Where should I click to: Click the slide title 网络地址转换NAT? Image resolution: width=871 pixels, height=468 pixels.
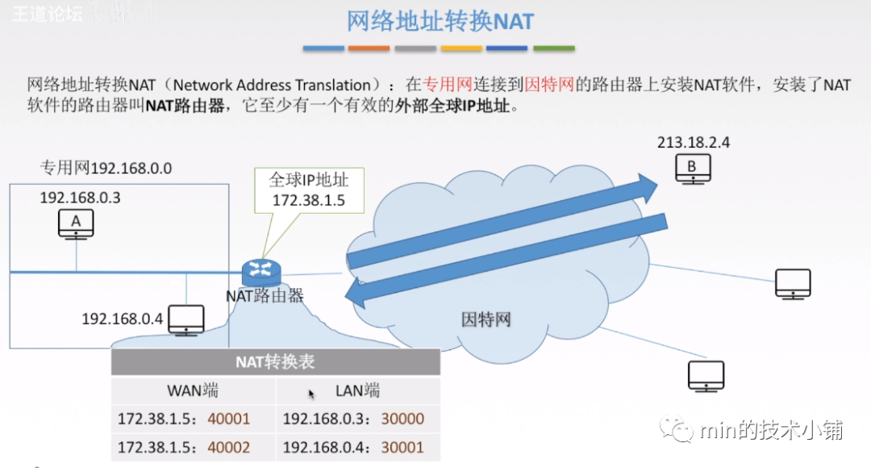(x=440, y=21)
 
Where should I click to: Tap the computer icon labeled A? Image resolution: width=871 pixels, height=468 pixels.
(x=76, y=224)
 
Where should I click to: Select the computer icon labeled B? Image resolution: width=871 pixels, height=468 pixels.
(x=693, y=169)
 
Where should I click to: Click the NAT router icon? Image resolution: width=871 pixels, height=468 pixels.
(x=261, y=273)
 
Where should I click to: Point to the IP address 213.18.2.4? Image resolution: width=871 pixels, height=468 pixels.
(x=694, y=142)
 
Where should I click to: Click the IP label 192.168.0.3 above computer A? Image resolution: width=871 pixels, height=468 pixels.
(x=80, y=198)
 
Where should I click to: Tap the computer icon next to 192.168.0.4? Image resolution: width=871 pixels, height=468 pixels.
(x=186, y=320)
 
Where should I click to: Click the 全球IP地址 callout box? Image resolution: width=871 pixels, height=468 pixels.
(x=309, y=190)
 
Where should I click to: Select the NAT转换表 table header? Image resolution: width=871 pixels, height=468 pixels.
(x=276, y=361)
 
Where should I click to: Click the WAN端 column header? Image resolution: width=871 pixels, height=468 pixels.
(x=193, y=391)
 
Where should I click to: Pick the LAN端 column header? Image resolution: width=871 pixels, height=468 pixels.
(x=358, y=391)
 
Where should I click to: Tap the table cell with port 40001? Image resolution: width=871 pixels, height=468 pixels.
(x=193, y=419)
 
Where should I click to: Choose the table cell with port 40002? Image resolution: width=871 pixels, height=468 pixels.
(x=193, y=447)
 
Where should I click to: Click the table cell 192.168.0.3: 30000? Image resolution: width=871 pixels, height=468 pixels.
(x=358, y=419)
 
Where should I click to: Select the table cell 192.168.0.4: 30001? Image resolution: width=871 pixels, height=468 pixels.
(x=358, y=447)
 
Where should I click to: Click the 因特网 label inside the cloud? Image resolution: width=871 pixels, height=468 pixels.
(x=486, y=319)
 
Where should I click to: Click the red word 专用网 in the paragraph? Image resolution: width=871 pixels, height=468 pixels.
(x=447, y=85)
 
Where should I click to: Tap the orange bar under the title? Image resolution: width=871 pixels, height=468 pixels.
(x=369, y=48)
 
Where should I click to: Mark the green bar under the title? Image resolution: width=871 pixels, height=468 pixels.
(x=554, y=48)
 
